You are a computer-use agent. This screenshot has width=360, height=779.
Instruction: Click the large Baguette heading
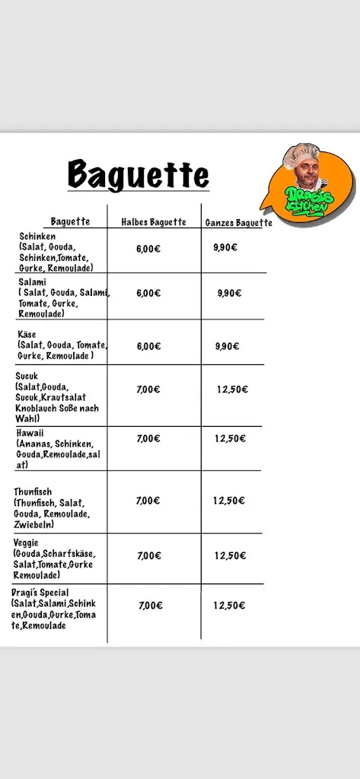pos(138,174)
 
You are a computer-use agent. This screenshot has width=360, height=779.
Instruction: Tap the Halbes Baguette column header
pos(154,222)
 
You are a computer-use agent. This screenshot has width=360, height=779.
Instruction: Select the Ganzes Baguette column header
pos(238,223)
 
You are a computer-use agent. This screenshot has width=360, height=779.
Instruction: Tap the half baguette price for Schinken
pos(148,248)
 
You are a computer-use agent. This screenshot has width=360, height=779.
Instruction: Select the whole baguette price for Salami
pos(228,293)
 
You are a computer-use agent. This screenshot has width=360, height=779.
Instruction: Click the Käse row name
pos(27,335)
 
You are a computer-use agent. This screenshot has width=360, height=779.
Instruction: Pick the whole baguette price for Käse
pos(227,346)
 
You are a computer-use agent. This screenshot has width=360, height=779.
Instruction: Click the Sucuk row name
pos(27,376)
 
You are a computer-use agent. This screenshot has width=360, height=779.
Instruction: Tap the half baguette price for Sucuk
pos(148,389)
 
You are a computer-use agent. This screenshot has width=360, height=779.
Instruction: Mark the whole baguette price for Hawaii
pos(230,438)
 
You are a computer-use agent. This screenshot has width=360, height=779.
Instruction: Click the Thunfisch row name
pos(33,492)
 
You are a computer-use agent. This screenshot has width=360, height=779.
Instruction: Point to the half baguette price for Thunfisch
pos(148,501)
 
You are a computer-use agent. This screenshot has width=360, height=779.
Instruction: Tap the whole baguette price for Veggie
pos(230,555)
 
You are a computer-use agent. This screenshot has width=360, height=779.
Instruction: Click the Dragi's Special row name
pos(40,593)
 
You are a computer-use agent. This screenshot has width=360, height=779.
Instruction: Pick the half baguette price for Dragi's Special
pos(151,606)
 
